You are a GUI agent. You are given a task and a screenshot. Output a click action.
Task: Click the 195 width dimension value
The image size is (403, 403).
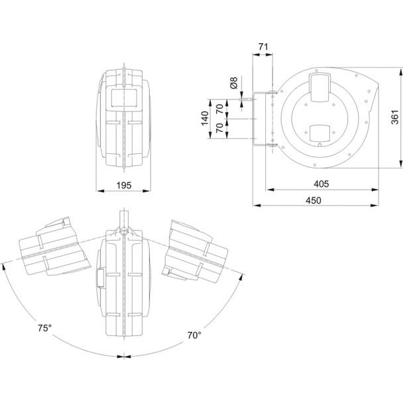click(124, 186)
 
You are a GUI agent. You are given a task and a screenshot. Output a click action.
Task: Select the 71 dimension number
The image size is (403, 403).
click(263, 47)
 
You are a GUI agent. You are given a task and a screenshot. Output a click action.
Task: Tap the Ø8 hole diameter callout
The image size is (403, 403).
click(234, 83)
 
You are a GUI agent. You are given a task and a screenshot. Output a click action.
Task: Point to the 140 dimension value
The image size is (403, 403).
click(205, 119)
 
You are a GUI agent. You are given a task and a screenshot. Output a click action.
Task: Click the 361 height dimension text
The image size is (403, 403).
click(395, 117)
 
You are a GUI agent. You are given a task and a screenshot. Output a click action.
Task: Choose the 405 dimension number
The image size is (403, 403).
click(321, 184)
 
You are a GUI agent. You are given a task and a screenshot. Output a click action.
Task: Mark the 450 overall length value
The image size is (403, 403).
click(314, 200)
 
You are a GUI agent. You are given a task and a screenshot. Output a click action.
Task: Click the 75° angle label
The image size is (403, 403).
click(44, 328)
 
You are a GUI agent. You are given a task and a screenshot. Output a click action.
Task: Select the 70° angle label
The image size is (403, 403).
click(194, 335)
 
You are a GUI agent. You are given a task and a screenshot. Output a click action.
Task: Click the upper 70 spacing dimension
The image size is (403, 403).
click(220, 109)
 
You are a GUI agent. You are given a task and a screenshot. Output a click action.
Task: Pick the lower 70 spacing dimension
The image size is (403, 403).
click(220, 128)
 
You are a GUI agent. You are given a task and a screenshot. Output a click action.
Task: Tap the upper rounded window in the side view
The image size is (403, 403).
click(320, 87)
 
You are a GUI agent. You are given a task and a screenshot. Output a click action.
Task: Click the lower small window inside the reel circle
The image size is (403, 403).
click(320, 134)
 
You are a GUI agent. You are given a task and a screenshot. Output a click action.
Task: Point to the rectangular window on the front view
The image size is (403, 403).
click(124, 98)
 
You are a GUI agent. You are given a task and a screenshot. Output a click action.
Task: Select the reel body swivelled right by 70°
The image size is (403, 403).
click(195, 251)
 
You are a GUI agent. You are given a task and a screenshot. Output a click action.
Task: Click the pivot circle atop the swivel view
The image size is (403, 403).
click(124, 231)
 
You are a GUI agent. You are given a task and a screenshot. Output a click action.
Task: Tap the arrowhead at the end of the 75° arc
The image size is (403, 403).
click(3, 267)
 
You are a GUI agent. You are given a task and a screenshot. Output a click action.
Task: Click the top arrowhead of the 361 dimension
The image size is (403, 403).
click(400, 72)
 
